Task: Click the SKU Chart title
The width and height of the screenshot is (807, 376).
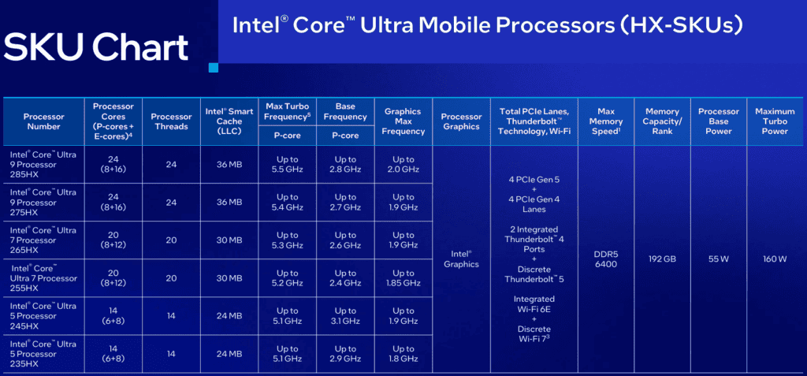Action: click(96, 47)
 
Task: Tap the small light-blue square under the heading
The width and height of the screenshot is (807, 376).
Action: click(213, 68)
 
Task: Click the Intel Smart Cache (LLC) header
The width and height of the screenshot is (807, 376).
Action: click(229, 121)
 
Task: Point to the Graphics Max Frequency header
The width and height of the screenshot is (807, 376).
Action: click(403, 121)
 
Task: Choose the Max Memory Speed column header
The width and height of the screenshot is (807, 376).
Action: click(610, 121)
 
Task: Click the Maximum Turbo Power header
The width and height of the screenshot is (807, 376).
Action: click(775, 121)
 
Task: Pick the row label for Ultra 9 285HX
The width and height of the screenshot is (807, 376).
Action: click(43, 164)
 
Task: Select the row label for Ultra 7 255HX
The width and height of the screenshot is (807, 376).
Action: click(44, 278)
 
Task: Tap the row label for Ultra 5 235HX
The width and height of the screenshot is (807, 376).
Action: click(43, 354)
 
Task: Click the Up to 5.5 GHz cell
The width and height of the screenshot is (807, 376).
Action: click(287, 164)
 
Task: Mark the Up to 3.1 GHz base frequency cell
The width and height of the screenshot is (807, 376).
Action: click(345, 316)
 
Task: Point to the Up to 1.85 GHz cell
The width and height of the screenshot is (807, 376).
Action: click(403, 278)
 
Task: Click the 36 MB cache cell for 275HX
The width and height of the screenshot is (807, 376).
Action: click(229, 203)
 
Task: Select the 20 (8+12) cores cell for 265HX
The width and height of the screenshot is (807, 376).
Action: click(113, 240)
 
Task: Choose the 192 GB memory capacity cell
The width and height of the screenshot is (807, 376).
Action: click(662, 259)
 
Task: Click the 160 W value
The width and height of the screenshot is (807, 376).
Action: click(775, 259)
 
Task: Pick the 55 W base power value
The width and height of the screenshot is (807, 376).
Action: click(718, 259)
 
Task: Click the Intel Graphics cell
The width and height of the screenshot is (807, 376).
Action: click(461, 259)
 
